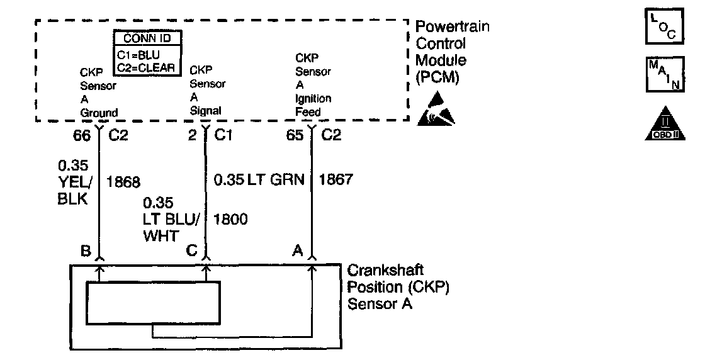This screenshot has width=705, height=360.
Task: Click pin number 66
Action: [82, 135]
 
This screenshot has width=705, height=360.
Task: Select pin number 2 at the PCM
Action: [193, 135]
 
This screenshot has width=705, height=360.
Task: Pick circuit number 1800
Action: [230, 219]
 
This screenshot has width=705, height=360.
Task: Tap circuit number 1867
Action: [336, 181]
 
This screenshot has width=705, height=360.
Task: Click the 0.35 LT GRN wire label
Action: [259, 181]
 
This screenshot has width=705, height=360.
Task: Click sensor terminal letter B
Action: [85, 250]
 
